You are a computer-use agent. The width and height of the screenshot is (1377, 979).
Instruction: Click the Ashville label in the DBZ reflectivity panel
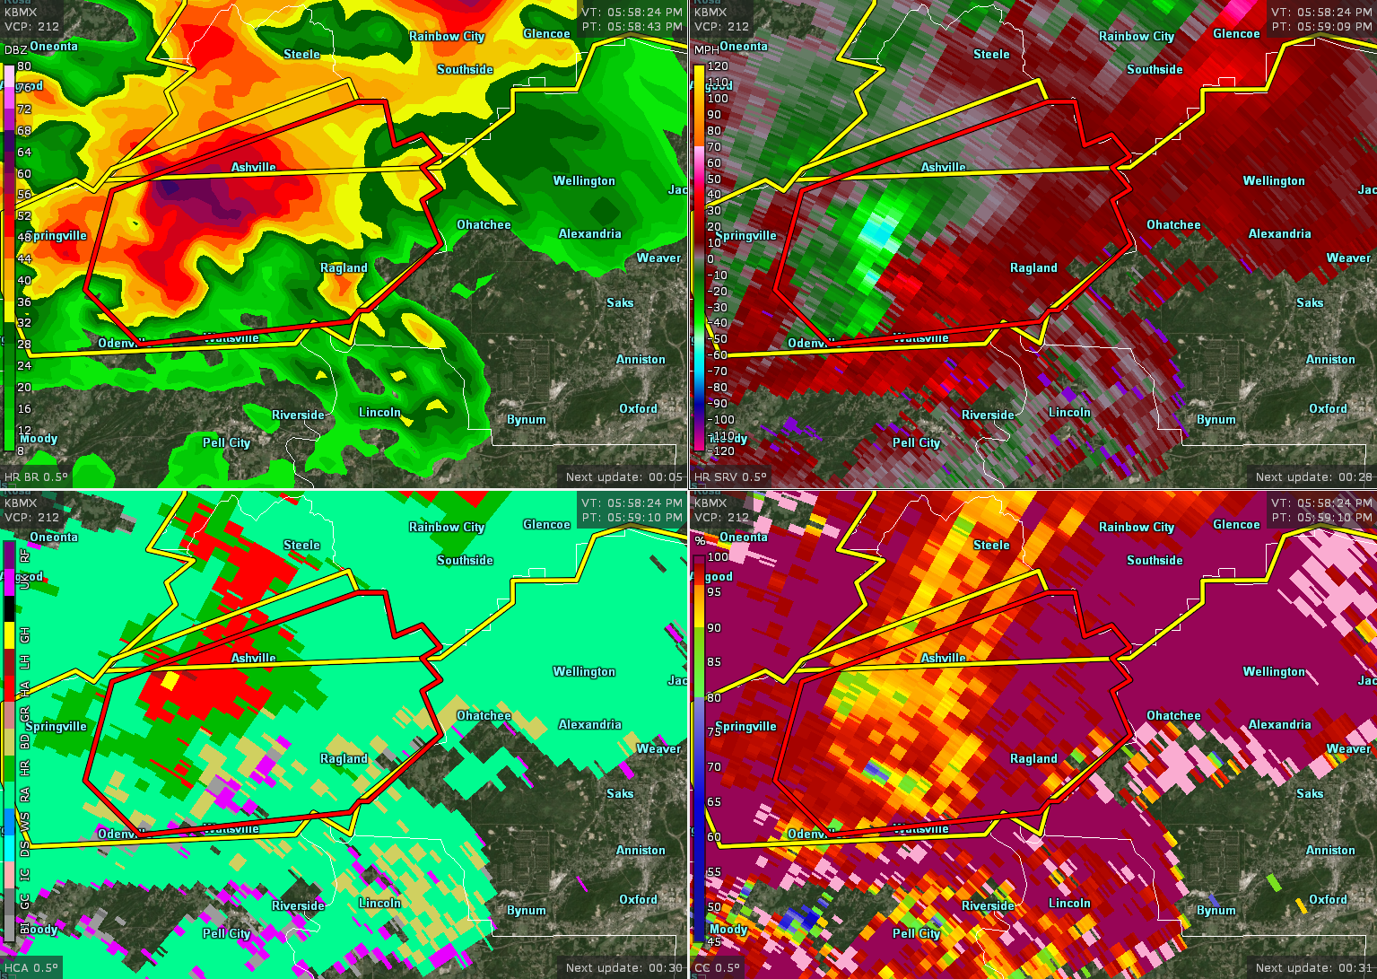click(254, 168)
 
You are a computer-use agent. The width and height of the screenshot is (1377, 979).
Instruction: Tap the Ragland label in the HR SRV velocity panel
click(1033, 268)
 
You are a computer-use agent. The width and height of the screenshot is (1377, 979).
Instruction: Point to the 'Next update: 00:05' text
click(623, 477)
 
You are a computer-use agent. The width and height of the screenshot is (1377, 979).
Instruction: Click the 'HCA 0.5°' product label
click(31, 968)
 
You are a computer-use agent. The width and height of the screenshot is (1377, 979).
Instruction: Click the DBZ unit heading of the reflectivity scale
click(15, 50)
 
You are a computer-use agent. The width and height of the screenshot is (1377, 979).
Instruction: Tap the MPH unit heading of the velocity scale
click(706, 50)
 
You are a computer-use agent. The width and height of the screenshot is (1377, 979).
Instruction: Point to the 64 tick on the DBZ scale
click(24, 153)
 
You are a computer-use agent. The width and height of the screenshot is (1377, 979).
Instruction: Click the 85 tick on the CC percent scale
click(714, 662)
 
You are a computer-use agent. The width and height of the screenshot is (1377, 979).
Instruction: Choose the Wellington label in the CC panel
click(1274, 672)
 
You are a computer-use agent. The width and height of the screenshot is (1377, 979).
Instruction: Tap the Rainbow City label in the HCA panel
click(447, 528)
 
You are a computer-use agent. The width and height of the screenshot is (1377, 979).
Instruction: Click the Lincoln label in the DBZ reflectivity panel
click(379, 413)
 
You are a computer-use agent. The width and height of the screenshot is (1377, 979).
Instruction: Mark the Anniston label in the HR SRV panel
click(1330, 360)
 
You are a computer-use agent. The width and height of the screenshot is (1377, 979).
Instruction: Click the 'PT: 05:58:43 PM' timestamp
click(632, 27)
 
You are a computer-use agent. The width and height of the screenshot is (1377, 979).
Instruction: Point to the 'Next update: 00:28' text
click(1313, 477)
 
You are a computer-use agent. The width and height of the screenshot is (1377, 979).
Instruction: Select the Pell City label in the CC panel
click(916, 934)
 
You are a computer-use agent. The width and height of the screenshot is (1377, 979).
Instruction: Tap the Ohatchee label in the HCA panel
click(484, 716)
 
